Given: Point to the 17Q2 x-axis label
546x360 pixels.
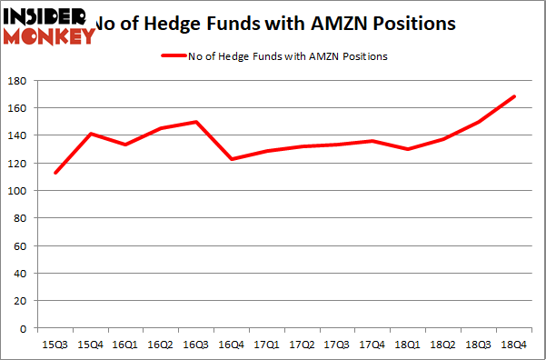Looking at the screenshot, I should [x=299, y=345].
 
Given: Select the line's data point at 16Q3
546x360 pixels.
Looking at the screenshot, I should [x=196, y=122].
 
